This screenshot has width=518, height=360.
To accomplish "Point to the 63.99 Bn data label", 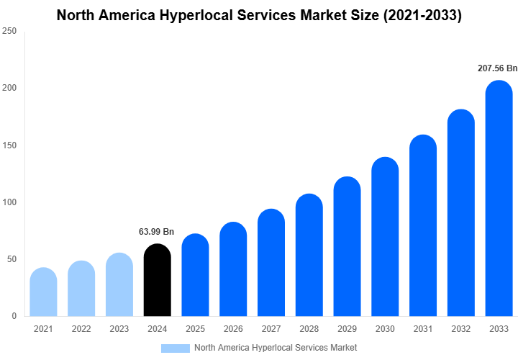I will coord(156,232).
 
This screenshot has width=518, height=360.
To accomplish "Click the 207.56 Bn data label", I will coord(497,68).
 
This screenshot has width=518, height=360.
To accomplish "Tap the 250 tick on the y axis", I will coord(9,31).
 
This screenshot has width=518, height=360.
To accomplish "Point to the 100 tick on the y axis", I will coord(9,202).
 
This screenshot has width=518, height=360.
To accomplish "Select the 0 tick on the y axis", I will coord(14,316).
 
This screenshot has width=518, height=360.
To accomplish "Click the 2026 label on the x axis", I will coord(233,329).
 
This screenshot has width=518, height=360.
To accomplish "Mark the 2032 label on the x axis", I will coord(460,329).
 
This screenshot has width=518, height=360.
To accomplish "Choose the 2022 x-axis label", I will coord(81,329).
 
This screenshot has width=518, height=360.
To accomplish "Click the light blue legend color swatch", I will coord(175,348).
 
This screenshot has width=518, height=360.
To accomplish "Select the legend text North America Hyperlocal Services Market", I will coord(276,348).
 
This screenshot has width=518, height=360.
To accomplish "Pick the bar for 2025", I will coord(196,276).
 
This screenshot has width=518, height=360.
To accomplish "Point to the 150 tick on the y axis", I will coord(9,145).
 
